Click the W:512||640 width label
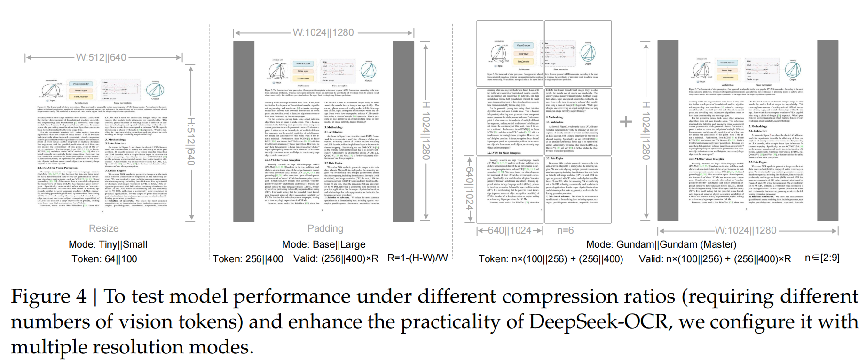[x=101, y=57]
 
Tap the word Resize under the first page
[x=104, y=228]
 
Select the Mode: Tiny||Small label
[x=108, y=244]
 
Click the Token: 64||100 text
[x=104, y=259]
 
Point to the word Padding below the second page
[x=325, y=228]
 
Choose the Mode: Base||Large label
[x=323, y=244]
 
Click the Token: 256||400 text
[x=248, y=259]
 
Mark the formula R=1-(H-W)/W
[x=417, y=258]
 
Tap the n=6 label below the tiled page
[x=565, y=230]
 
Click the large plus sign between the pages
[x=626, y=122]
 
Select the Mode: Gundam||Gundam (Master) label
[x=661, y=244]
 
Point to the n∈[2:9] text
[x=822, y=258]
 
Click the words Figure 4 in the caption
[x=49, y=297]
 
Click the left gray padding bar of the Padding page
[x=244, y=132]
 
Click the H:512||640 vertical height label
[x=191, y=142]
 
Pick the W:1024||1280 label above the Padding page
[x=323, y=32]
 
